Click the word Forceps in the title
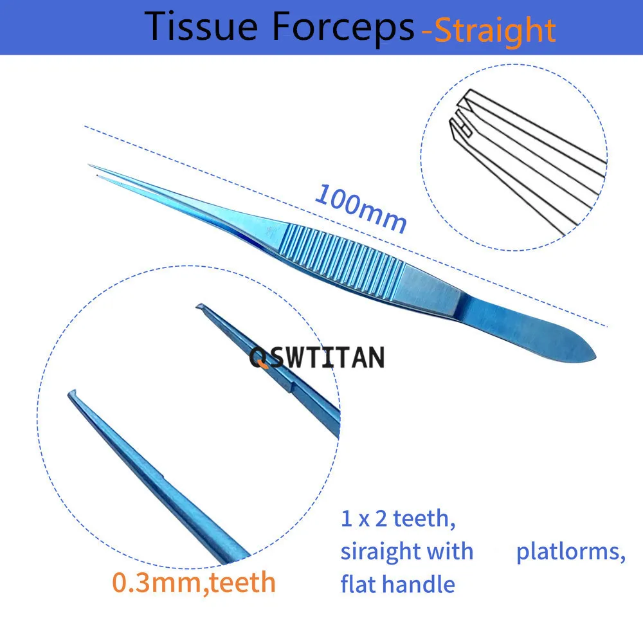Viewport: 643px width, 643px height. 341,27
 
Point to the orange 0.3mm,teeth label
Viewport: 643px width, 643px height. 194,582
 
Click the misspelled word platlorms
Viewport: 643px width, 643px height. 570,552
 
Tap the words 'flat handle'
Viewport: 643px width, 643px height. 397,584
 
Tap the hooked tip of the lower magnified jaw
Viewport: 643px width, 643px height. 72,394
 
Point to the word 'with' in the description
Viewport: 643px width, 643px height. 453,552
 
